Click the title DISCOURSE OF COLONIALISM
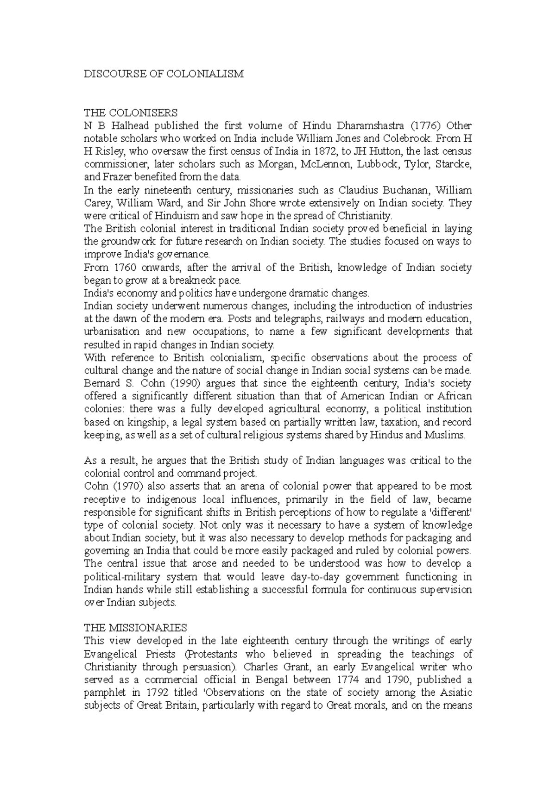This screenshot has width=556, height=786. [163, 74]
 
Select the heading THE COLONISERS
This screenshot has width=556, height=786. [130, 112]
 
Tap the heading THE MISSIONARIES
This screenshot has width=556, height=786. [135, 628]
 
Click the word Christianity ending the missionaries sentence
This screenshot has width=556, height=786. [366, 216]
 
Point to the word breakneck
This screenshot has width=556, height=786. [202, 281]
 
